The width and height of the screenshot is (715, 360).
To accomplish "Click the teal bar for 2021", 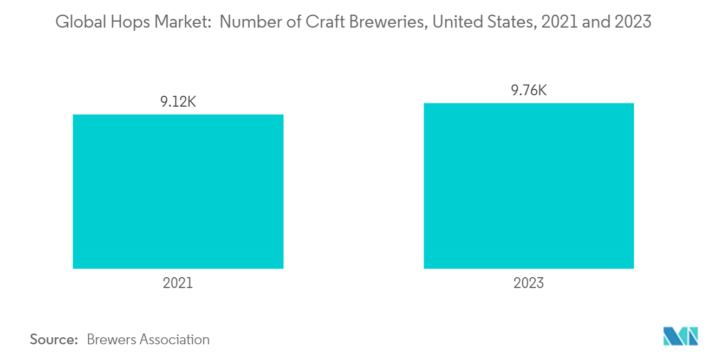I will click(x=178, y=191).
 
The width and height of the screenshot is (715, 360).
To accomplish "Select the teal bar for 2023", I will click(x=528, y=186).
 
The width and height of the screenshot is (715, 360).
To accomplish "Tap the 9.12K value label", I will click(x=178, y=102).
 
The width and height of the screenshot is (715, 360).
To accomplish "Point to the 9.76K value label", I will click(x=529, y=90).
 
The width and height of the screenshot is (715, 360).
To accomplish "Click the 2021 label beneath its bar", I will click(x=178, y=283).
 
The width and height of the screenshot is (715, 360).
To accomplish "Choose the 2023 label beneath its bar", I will click(x=529, y=283).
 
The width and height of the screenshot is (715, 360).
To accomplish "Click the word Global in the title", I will click(x=77, y=23).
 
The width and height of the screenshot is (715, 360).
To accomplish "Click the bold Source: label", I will click(x=54, y=339).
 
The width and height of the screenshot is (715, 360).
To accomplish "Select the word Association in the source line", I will click(x=174, y=339).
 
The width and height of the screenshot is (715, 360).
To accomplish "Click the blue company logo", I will click(x=680, y=336).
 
